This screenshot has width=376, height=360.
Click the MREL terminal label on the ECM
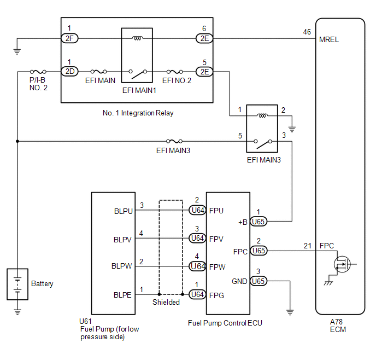coord(328,40)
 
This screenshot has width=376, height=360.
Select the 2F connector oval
coord(69,38)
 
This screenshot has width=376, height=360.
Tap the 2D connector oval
coord(69,72)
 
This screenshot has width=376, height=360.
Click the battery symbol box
coord(17,284)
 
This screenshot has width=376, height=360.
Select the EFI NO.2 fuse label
coord(177,80)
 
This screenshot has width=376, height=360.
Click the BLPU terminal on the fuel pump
coord(124,210)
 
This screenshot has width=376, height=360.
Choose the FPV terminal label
coord(216,238)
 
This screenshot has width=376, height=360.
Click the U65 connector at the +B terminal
coord(258,222)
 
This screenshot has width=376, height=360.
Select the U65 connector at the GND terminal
coord(258,281)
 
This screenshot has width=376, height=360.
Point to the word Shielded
coord(166,303)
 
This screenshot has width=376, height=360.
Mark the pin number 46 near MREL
coord(307,32)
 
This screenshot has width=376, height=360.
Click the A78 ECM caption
coord(339,326)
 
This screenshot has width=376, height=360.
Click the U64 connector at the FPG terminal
coord(197,294)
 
